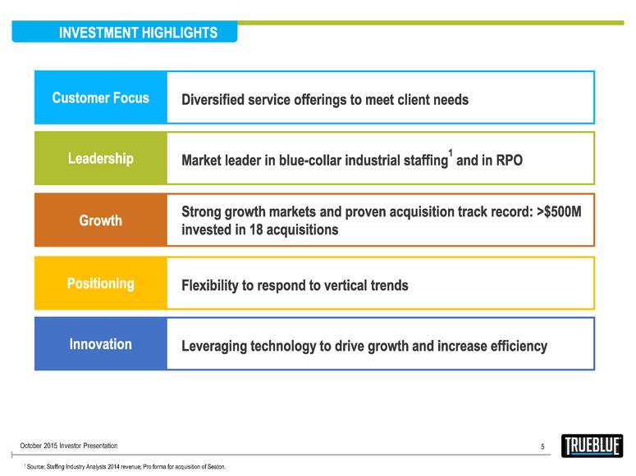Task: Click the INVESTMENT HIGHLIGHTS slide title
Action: pos(138,33)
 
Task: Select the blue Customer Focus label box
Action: pos(101,98)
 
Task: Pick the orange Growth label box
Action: pos(101,220)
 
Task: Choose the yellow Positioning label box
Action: pos(101,283)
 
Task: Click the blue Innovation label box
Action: pos(101,344)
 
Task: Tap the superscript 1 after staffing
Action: pos(451,152)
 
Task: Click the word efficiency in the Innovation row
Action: pos(514,346)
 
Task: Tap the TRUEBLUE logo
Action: pos(592,446)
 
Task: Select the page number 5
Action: pos(542,447)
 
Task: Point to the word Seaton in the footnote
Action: pos(212,467)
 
